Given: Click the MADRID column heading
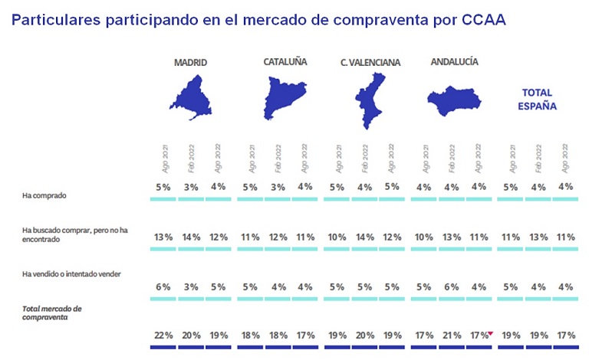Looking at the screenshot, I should point(191,62).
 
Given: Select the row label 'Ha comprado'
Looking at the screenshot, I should point(44,195).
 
